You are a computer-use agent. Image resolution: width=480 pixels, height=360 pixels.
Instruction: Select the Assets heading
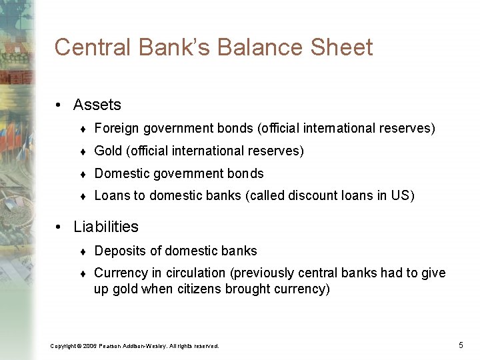[97, 105]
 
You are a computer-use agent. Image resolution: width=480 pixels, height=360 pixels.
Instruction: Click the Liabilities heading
[106, 227]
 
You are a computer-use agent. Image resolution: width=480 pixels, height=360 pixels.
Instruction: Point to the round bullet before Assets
[59, 105]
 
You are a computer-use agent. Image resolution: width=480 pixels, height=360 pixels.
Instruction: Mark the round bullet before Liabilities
[59, 227]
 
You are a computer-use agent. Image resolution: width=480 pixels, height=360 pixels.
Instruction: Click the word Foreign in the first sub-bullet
[115, 128]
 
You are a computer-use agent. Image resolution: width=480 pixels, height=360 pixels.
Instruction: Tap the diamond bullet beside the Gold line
[81, 151]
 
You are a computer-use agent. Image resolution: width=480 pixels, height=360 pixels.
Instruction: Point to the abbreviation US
[402, 196]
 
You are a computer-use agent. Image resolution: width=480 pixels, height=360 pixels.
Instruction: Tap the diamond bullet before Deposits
[81, 251]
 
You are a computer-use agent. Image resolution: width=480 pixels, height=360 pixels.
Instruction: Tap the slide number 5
[461, 345]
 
